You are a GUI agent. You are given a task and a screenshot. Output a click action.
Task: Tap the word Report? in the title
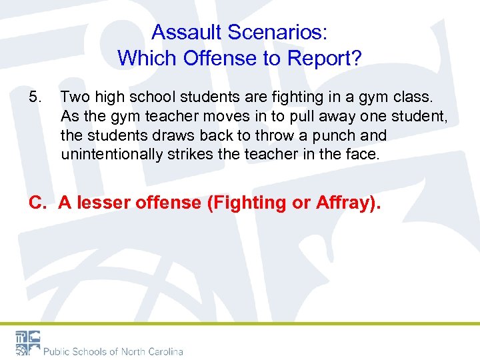[x=325, y=58]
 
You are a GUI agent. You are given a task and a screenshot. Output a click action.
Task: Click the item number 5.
[x=35, y=97]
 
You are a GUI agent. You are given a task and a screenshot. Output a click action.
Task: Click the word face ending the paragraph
[x=361, y=155]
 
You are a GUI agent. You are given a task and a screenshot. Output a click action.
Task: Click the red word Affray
[x=339, y=203]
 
